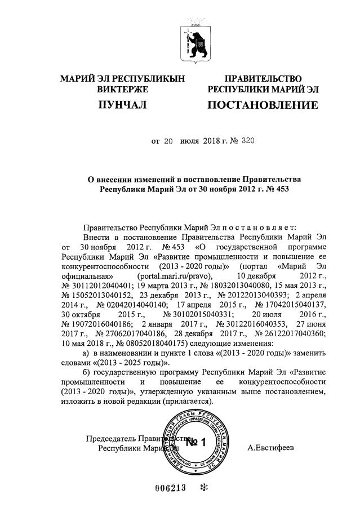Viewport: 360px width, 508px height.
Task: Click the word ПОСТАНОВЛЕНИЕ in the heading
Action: click(x=262, y=105)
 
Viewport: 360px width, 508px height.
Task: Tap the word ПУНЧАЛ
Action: click(x=122, y=105)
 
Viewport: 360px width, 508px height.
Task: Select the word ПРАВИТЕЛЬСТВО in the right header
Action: click(x=263, y=78)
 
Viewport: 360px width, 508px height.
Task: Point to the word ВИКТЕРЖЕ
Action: click(x=122, y=89)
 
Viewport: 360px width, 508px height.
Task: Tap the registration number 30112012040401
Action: click(x=97, y=286)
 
